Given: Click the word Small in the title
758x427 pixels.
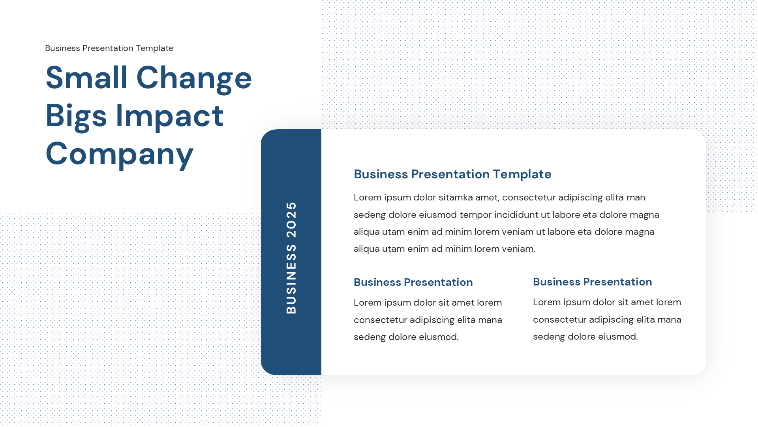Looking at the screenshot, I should (x=86, y=77).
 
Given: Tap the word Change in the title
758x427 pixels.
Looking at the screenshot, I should (x=194, y=78).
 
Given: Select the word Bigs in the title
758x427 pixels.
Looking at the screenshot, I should (x=76, y=116).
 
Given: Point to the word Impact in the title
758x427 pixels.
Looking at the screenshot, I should (x=169, y=116).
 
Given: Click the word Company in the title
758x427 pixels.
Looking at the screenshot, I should (x=119, y=154).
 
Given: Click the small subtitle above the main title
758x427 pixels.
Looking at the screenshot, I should (x=109, y=48).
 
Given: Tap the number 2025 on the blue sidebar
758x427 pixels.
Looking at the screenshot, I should (x=291, y=219).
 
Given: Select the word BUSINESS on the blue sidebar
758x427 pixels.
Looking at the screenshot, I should (x=291, y=279).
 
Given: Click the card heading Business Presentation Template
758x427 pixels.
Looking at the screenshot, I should (x=452, y=174).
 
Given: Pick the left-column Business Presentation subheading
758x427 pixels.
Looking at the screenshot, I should (x=413, y=282).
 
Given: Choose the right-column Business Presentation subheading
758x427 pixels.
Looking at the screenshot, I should (x=592, y=282).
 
